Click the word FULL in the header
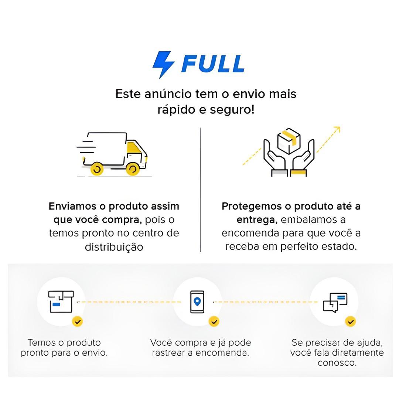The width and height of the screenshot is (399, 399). click(213, 64)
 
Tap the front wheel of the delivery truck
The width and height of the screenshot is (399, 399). click(132, 169)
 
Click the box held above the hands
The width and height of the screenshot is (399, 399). click(289, 141)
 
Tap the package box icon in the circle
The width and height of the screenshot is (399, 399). click(61, 301)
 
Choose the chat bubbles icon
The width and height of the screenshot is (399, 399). click(335, 303)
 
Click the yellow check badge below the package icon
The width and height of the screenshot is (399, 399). click(77, 321)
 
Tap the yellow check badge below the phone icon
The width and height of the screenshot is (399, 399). click(214, 321)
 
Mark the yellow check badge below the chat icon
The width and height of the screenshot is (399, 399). click(351, 321)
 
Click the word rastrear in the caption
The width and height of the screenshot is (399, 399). click(168, 353)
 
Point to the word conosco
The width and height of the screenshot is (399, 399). click(337, 363)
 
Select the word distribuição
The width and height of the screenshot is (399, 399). click(114, 247)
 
